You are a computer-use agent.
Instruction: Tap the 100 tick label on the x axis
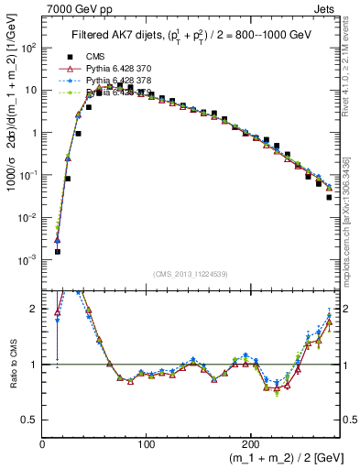(x=147, y=444)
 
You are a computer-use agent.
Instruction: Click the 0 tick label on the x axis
(x=43, y=444)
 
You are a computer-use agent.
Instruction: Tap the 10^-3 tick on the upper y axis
(x=28, y=260)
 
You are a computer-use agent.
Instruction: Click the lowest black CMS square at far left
(x=57, y=251)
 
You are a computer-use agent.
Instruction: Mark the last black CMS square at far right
(x=329, y=197)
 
